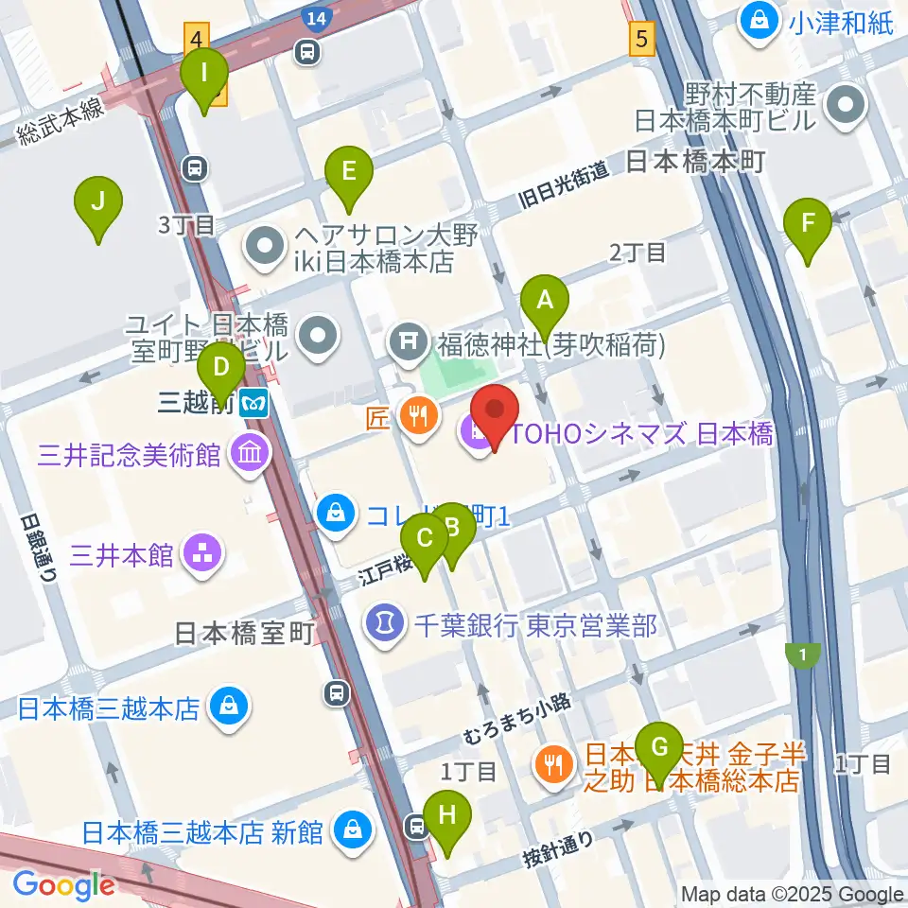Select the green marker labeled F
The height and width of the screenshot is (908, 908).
[808, 225]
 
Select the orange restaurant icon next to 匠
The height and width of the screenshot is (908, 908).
[417, 414]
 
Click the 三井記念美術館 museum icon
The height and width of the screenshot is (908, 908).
[249, 456]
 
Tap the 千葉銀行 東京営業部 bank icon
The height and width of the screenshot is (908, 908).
[385, 624]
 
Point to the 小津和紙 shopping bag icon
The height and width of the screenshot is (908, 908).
[759, 17]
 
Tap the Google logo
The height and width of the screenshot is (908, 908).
[63, 884]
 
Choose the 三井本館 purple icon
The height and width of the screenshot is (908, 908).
[201, 554]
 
